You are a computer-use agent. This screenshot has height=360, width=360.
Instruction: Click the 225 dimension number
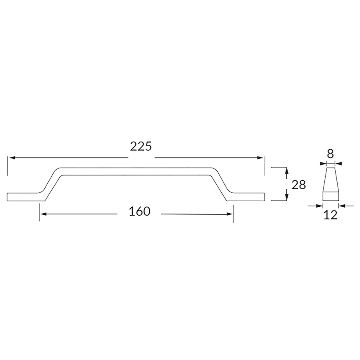[x=141, y=146]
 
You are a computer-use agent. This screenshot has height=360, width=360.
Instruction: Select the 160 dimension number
[x=140, y=211]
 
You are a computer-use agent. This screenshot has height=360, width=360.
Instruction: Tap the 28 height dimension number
[x=299, y=184]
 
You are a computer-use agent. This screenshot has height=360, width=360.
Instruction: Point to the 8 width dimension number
[x=330, y=154]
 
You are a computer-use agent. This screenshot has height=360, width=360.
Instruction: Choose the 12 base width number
[x=331, y=215]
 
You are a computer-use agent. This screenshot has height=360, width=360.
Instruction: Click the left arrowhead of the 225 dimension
[x=12, y=158]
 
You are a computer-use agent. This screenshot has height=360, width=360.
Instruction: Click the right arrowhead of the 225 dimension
[x=260, y=158]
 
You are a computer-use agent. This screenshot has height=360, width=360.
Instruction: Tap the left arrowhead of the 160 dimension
[x=44, y=214]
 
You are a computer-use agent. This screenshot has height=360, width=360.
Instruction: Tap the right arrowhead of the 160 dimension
[x=230, y=214]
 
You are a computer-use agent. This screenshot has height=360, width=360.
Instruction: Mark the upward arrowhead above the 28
[x=286, y=171]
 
